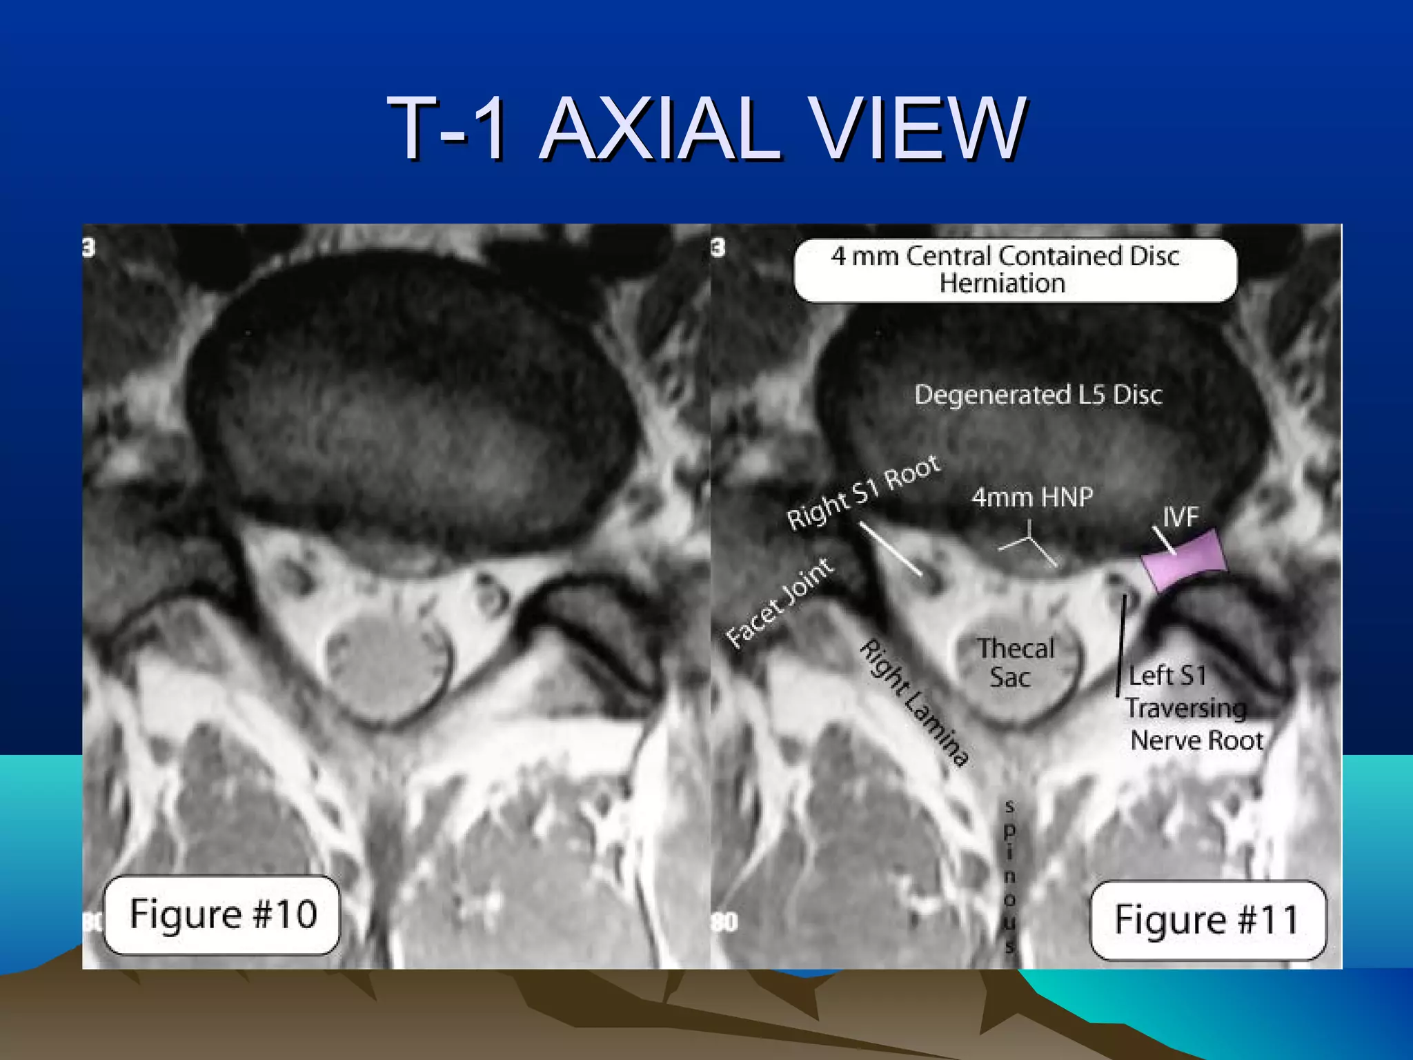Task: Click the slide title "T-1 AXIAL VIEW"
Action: pyautogui.click(x=706, y=128)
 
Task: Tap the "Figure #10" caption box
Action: pyautogui.click(x=222, y=914)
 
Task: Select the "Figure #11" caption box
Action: pyautogui.click(x=1207, y=920)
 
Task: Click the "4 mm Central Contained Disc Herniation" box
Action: pyautogui.click(x=1014, y=270)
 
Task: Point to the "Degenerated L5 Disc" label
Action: pyautogui.click(x=1038, y=395)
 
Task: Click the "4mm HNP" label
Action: pyautogui.click(x=1032, y=497)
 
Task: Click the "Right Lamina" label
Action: pyautogui.click(x=913, y=703)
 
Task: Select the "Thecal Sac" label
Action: pyautogui.click(x=1014, y=662)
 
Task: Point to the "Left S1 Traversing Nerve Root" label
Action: pyautogui.click(x=1194, y=708)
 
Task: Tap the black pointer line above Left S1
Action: pyautogui.click(x=1122, y=645)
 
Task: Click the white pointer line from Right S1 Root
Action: pyautogui.click(x=891, y=549)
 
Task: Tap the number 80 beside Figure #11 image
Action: pyautogui.click(x=724, y=922)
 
